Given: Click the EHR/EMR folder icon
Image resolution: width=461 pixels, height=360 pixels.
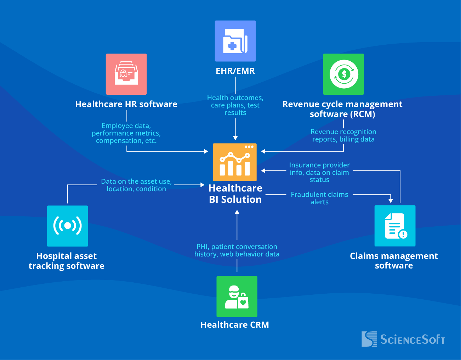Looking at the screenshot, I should point(235,41).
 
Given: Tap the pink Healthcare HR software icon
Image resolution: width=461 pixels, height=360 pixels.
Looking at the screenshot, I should point(126,74).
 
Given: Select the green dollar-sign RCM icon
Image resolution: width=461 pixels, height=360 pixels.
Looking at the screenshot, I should point(343,74).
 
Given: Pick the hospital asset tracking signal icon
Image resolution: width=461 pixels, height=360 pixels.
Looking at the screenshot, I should point(68,226).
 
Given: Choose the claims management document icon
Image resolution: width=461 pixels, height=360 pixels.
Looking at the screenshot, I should point(395,226).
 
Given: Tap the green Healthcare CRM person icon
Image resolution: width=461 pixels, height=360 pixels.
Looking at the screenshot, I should point(237,297).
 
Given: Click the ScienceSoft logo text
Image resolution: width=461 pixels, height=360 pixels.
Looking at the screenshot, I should point(412,339).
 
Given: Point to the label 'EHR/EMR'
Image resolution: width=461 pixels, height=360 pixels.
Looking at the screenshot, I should point(235,71).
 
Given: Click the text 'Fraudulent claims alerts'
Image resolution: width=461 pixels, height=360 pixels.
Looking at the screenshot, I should point(319,198).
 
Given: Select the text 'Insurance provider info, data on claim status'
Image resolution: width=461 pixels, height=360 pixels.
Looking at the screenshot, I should point(319,172).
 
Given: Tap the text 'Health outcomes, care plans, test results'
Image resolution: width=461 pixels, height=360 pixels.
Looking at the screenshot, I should point(235,105).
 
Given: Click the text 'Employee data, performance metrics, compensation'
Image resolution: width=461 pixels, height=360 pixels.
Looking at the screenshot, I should point(126,133).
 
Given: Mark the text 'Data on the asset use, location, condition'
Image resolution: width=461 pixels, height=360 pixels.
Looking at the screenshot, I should point(136,185).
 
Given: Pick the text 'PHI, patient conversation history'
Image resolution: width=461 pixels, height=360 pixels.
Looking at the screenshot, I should point(237,250).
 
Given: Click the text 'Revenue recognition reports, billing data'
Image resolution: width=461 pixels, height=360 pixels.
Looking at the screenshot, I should point(343,135).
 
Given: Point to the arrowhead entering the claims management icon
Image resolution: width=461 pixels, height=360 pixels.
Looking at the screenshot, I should point(391,201).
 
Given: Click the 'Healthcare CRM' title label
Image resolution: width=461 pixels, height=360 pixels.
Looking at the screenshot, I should point(234,325).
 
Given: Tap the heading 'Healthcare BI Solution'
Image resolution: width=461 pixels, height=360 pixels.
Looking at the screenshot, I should point(235,194).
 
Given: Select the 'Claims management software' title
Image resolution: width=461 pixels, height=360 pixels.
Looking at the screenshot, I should point(394,261).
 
